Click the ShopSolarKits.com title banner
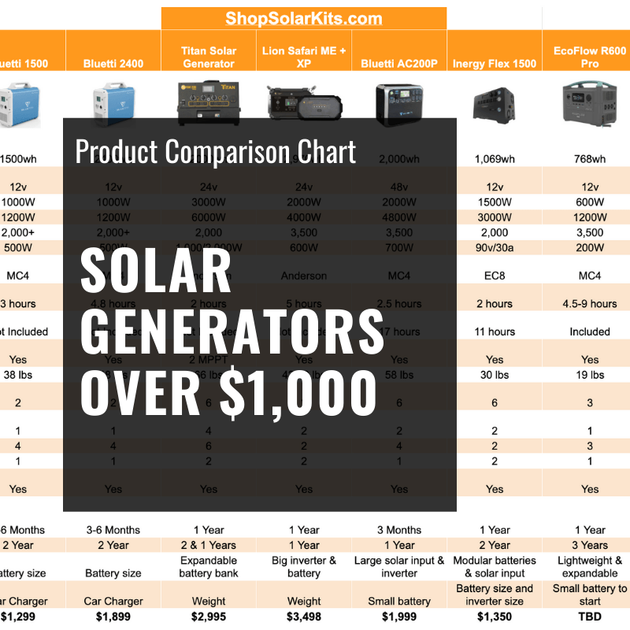pyautogui.click(x=303, y=18)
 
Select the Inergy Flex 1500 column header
pyautogui.click(x=495, y=64)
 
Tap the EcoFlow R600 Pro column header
pyautogui.click(x=590, y=57)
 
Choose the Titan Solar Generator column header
pyautogui.click(x=209, y=57)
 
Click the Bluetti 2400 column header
pyautogui.click(x=113, y=64)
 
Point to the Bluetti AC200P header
pyautogui.click(x=399, y=64)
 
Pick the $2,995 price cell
pyautogui.click(x=209, y=616)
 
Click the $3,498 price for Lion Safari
pyautogui.click(x=304, y=616)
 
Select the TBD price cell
pyautogui.click(x=590, y=616)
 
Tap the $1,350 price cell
pyautogui.click(x=495, y=616)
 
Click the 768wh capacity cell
pyautogui.click(x=590, y=159)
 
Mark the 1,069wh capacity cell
pyautogui.click(x=495, y=159)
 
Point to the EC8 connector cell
pyautogui.click(x=495, y=276)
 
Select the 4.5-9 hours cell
pyautogui.click(x=590, y=303)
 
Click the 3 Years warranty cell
pyautogui.click(x=590, y=545)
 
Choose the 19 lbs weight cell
pyautogui.click(x=590, y=375)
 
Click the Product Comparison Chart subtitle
pyautogui.click(x=216, y=151)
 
